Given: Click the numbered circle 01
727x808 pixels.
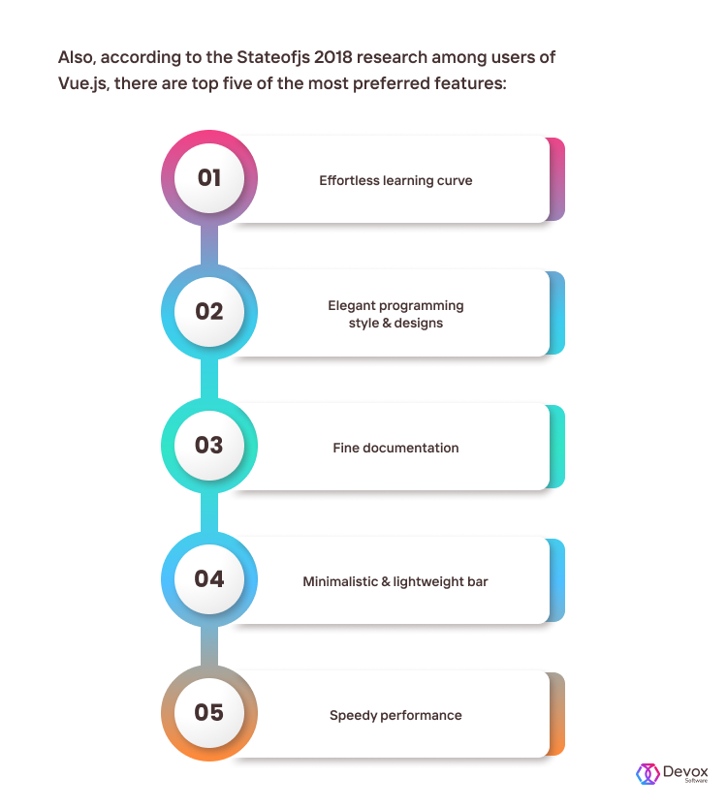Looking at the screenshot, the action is pos(208,178).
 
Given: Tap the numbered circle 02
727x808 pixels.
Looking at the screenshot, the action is pos(208,312).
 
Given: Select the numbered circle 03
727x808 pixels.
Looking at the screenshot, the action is pos(208,446).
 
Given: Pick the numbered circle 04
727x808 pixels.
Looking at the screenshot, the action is pos(208,579).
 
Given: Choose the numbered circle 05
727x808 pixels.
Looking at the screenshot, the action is pos(208,713).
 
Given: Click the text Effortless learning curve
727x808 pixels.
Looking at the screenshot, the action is pos(395,180).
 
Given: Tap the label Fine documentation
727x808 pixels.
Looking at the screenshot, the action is pos(395,448).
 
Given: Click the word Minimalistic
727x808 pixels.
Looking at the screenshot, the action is pos(340,581).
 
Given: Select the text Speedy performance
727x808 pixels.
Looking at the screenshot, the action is pos(395,715).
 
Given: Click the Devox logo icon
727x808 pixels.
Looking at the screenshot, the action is pos(648,773).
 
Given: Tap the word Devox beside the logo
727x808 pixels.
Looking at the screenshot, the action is pos(685,771).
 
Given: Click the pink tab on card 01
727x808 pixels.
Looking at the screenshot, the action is pos(556,179).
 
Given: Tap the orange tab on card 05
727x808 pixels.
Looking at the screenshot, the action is pos(556,714).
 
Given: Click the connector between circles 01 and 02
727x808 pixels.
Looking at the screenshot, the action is pos(208,245).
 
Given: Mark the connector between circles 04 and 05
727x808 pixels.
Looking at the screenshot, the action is pos(208,646).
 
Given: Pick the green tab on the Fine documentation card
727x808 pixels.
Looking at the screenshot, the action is pos(556,447).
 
